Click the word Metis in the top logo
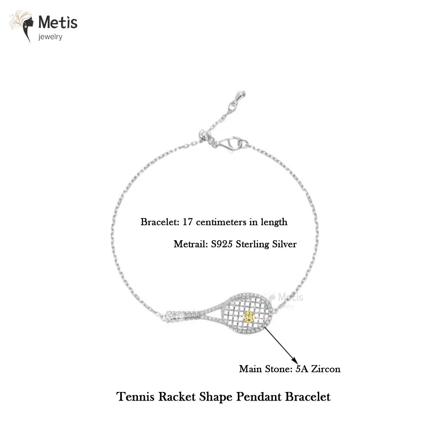[x=58, y=22]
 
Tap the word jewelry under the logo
[x=50, y=37]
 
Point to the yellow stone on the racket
[x=248, y=317]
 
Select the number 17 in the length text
[x=187, y=222]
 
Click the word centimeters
[x=221, y=222]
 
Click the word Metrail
[x=191, y=244]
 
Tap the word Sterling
[x=252, y=245]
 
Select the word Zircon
[x=326, y=369]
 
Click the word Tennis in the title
[x=135, y=396]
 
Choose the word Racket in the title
[x=177, y=396]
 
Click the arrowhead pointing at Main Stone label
[x=296, y=361]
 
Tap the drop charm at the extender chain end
[x=241, y=95]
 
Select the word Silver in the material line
[x=284, y=244]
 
